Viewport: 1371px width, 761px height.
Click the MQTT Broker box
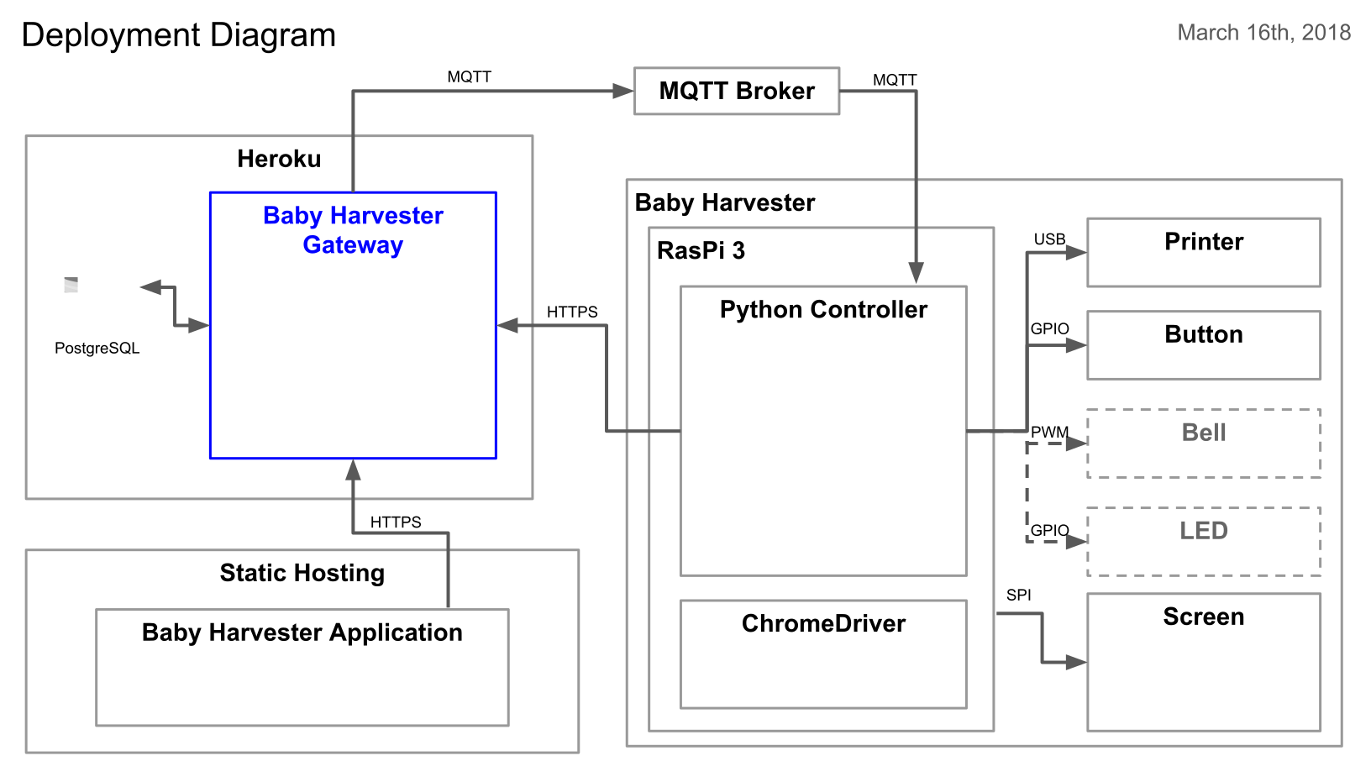736,91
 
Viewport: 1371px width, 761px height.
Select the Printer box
1203,252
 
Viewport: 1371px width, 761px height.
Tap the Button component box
1203,344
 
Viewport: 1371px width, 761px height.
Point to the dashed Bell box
1203,443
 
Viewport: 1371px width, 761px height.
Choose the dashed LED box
1203,541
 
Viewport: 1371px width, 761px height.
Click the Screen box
1203,662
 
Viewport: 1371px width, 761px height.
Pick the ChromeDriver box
822,653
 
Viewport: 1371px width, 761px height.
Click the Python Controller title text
823,309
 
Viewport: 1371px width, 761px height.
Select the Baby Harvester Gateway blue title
353,230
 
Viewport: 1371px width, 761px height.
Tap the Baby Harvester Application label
302,632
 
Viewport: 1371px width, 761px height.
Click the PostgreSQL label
97,348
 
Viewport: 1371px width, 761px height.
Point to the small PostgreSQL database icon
71,286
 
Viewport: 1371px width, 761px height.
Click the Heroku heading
279,159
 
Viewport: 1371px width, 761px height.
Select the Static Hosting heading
302,573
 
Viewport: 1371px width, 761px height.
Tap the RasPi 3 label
701,250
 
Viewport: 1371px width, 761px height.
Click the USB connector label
1049,239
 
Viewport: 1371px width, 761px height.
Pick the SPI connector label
1018,595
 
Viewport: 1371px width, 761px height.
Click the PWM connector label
1049,432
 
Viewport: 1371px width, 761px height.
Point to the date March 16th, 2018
1263,33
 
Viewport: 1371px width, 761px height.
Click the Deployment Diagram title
178,35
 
